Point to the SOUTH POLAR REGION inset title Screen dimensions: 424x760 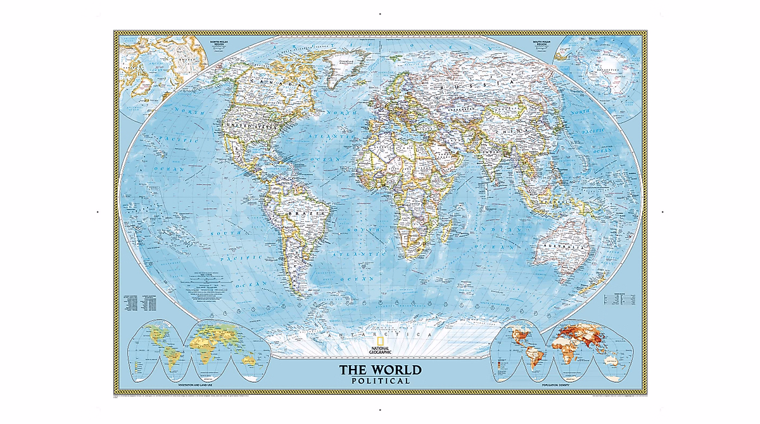(540, 42)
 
